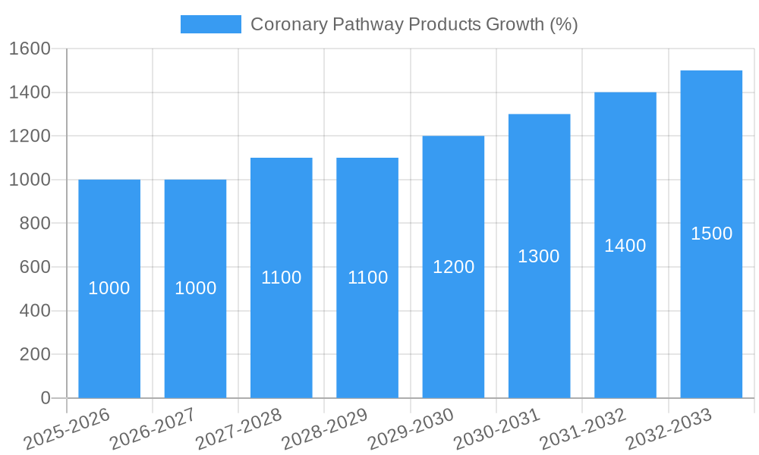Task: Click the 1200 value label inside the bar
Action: (453, 267)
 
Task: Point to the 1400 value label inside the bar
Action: (625, 246)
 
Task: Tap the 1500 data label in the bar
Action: (711, 234)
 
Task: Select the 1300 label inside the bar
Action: (539, 256)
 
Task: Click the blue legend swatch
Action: (210, 24)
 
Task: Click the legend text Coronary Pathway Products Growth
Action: (414, 24)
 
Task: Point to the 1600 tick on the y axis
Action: (29, 49)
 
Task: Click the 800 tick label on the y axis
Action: (34, 224)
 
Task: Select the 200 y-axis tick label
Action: (34, 354)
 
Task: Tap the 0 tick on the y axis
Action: (45, 398)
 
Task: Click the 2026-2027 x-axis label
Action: (153, 429)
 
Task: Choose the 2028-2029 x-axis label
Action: (325, 429)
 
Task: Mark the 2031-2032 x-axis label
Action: (583, 429)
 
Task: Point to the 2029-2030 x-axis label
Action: (411, 429)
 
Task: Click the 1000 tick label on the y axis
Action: (29, 180)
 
